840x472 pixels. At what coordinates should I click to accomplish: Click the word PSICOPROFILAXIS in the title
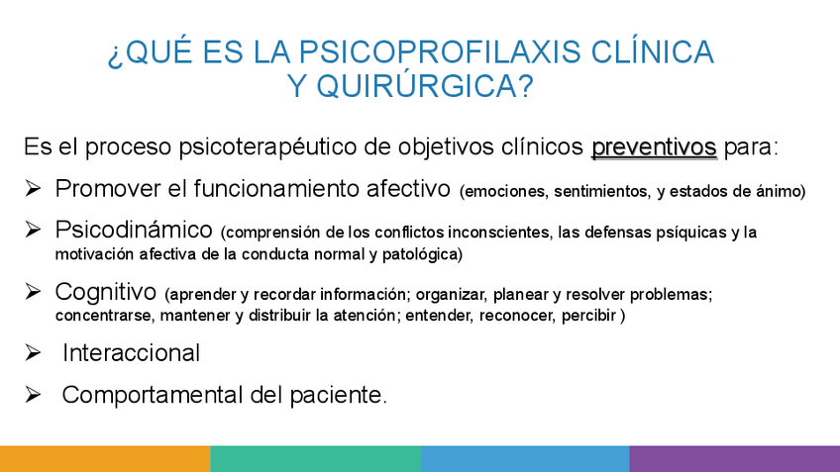click(x=440, y=51)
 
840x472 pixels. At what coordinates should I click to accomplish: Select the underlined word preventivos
click(x=654, y=147)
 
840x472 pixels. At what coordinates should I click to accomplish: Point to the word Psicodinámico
click(x=134, y=231)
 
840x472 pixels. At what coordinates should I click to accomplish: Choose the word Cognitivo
click(x=106, y=292)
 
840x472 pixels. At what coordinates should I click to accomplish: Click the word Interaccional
click(x=131, y=353)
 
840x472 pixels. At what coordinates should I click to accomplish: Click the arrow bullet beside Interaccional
click(x=33, y=352)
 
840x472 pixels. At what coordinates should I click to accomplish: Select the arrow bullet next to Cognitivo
click(x=33, y=291)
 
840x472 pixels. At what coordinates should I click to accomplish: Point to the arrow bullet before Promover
click(x=33, y=188)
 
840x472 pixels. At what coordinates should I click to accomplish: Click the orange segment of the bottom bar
click(x=105, y=458)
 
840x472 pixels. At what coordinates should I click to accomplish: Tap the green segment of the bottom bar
click(x=316, y=458)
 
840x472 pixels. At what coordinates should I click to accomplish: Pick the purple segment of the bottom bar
click(x=734, y=458)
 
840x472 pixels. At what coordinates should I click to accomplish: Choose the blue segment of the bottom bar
click(x=525, y=458)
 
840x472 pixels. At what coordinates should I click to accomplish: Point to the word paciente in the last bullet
click(x=338, y=396)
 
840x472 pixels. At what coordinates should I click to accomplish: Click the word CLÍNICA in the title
click(x=653, y=51)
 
